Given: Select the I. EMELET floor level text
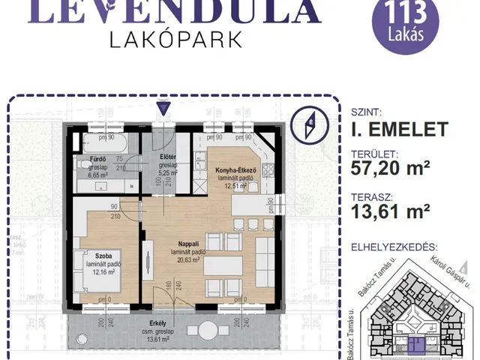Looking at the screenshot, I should point(399,129).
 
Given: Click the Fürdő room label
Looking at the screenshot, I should point(98,160).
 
